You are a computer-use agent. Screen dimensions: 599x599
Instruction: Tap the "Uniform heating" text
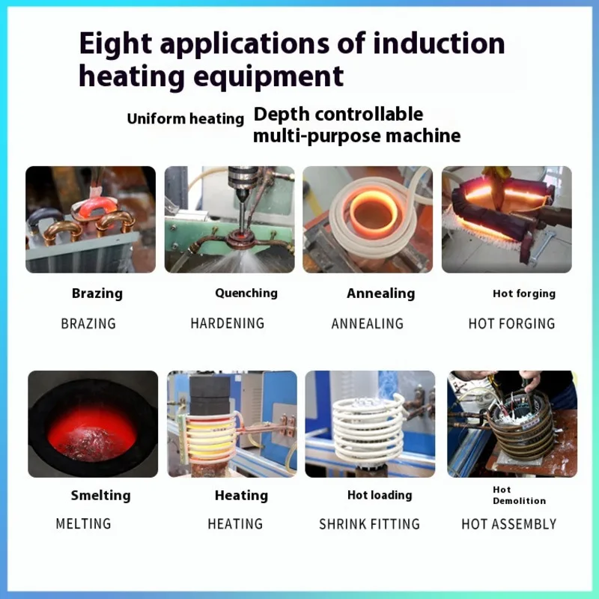185,119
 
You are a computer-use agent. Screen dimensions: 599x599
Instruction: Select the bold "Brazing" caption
97,294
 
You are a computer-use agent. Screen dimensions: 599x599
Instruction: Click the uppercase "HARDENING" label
228,323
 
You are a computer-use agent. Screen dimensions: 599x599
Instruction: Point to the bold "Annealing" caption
380,294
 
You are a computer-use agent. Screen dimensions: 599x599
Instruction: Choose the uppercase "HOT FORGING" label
511,323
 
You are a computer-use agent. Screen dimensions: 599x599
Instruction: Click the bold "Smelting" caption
100,495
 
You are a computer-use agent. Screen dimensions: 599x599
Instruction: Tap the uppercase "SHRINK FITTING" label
369,524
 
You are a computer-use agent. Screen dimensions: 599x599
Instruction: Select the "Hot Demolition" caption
518,495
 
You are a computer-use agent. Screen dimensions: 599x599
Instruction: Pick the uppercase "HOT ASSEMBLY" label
508,524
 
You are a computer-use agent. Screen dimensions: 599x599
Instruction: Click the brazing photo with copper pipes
91,219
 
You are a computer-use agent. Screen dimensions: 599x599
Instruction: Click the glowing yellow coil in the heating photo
209,437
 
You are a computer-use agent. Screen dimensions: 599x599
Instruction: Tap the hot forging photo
506,219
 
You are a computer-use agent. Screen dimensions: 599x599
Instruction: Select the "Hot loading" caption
380,495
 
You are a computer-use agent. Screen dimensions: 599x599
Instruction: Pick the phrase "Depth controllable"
338,115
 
